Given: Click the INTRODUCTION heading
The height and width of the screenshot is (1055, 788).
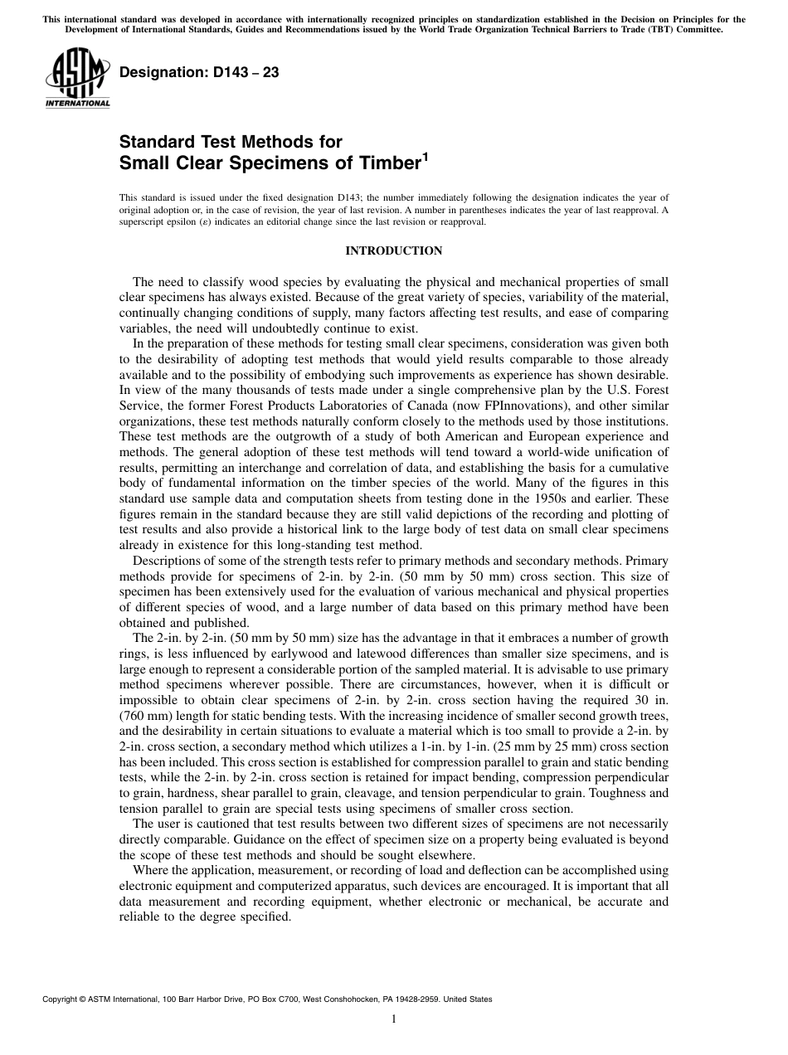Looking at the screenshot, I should [394, 250].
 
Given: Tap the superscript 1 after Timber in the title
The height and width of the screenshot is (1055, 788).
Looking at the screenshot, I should [426, 155].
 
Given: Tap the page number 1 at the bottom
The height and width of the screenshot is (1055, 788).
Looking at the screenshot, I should [394, 1019].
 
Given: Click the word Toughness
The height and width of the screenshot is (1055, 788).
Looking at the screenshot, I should [619, 791].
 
